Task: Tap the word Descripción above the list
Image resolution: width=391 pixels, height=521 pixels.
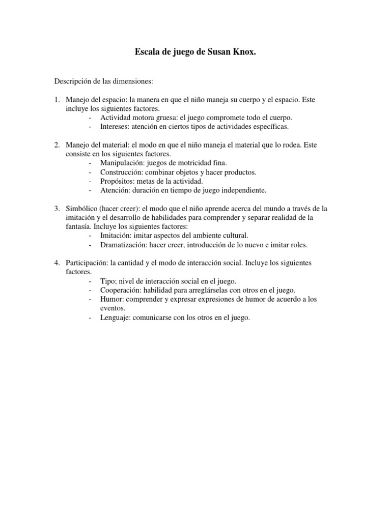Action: [x=74, y=81]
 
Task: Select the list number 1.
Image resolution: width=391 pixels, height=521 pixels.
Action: [x=58, y=100]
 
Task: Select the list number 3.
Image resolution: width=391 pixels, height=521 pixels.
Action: [x=58, y=209]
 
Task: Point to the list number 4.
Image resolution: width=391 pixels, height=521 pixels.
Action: [x=58, y=263]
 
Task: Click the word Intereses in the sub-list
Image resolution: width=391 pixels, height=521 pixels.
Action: [x=115, y=127]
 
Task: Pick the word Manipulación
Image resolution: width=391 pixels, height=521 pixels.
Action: [x=121, y=163]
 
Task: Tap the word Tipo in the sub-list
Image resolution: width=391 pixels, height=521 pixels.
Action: [x=107, y=281]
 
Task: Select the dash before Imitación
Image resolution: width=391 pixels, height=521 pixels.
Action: [x=90, y=236]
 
